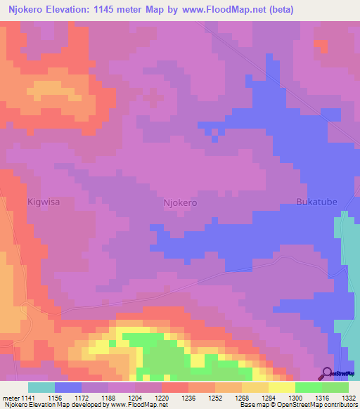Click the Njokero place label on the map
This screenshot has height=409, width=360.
(x=179, y=202)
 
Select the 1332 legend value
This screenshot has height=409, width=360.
(x=348, y=397)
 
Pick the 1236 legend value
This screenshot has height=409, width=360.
(x=188, y=397)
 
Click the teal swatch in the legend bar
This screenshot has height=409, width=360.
(x=41, y=387)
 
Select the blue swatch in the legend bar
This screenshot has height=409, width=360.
(x=68, y=387)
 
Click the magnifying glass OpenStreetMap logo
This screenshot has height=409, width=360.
(x=327, y=374)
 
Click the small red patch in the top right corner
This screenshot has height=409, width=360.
(x=321, y=46)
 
